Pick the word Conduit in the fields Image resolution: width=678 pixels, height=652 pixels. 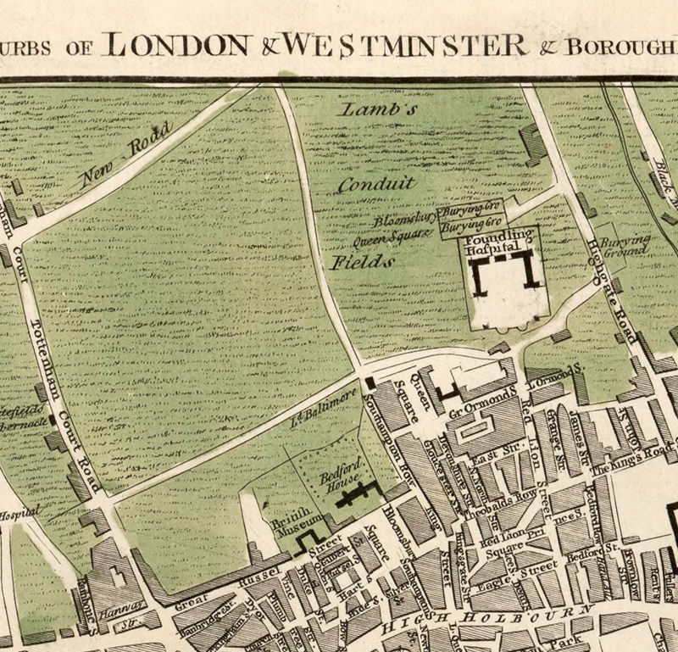click(376, 182)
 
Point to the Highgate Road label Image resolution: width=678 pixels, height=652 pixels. click(609, 285)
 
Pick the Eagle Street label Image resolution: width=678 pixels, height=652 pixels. click(522, 573)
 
